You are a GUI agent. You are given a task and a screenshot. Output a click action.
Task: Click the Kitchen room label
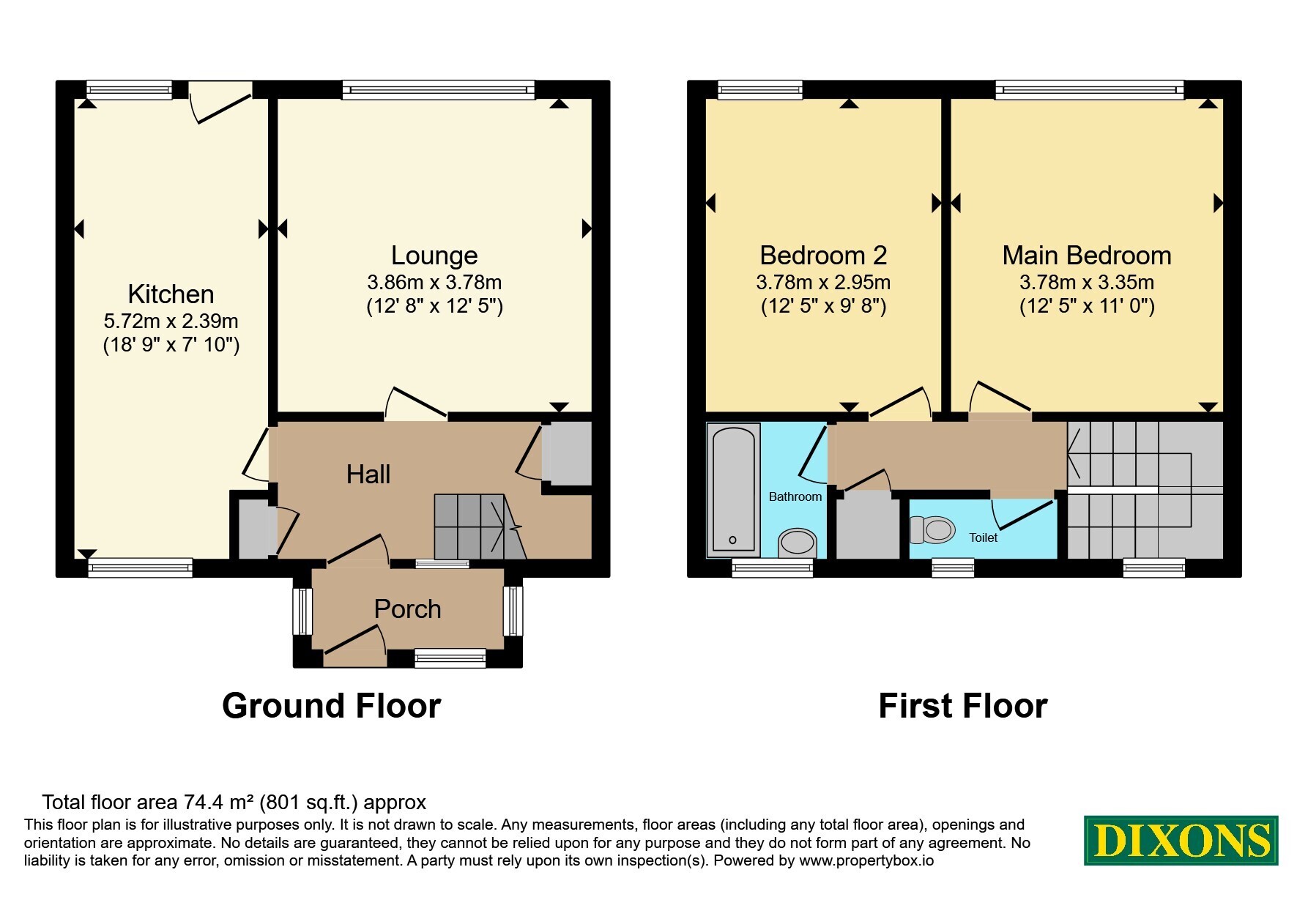171,294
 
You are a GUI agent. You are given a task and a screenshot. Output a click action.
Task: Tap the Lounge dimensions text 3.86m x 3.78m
434,283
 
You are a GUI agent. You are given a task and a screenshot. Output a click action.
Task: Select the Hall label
368,475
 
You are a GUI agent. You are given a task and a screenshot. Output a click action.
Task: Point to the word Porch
407,609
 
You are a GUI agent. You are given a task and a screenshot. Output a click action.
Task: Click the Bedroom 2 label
823,256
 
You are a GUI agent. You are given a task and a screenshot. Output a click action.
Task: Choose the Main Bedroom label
1087,256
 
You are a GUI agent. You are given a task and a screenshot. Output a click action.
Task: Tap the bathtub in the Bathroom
733,489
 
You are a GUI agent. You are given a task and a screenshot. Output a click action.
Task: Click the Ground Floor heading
331,706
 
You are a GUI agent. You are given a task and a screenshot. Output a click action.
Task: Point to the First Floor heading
962,706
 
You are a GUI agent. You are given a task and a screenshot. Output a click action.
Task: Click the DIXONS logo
1181,841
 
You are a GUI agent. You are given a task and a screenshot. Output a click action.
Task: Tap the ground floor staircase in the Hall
480,526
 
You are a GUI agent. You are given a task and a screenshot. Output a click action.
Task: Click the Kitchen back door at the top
220,103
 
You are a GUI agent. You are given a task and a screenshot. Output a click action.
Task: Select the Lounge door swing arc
416,402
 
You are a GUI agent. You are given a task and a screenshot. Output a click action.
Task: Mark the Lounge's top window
438,90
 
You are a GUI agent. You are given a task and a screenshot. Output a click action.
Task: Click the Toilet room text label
983,537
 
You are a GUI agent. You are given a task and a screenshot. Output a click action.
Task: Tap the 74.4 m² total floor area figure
207,803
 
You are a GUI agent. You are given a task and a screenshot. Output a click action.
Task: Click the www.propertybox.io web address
866,861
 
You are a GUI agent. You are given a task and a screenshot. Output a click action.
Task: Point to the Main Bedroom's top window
1090,90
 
